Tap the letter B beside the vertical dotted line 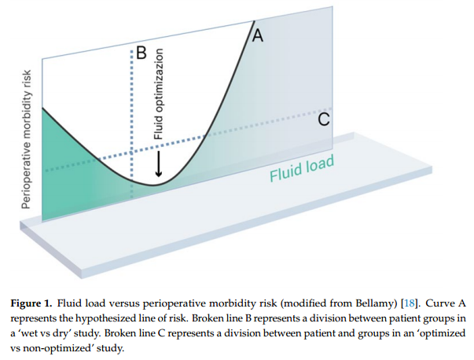(x=141, y=53)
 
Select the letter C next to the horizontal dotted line (x=323, y=119)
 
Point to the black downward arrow (x=159, y=163)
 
